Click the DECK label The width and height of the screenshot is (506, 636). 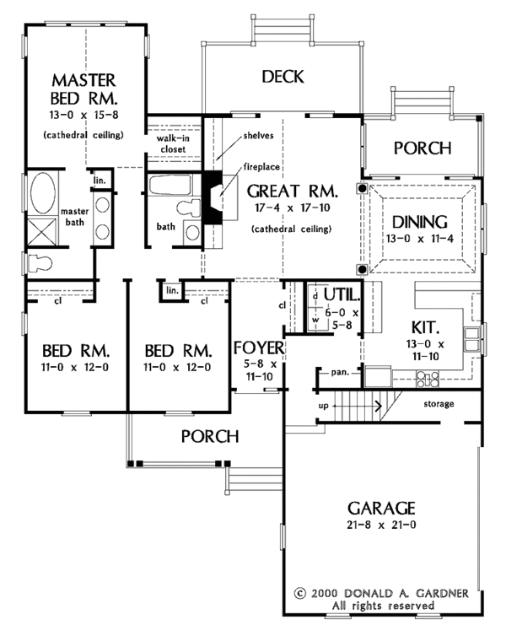point(283,77)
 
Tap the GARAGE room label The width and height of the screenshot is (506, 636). point(381,508)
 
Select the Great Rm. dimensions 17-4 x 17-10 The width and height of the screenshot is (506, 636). point(293,208)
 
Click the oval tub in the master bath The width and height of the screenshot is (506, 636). point(42,193)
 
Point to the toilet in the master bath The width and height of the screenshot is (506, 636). point(38,263)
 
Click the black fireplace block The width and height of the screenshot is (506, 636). point(213,197)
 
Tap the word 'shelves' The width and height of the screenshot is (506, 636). point(258,136)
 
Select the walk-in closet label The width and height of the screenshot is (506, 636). point(173,143)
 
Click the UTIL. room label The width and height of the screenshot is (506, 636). point(342,295)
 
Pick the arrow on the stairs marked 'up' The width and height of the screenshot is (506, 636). point(358,406)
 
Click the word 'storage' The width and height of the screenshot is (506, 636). point(439,404)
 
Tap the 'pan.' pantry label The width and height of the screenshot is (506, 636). point(340,372)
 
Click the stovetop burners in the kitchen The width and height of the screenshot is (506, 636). point(428,380)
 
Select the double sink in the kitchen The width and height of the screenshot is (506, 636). point(471,339)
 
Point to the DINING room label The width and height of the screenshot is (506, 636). point(420,222)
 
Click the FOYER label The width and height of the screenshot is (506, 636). point(259,348)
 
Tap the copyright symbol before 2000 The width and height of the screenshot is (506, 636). point(299,594)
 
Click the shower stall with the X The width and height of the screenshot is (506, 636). point(42,232)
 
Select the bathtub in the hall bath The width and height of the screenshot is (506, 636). point(170,186)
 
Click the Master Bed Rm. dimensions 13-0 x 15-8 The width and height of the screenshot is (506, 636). point(84,115)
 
